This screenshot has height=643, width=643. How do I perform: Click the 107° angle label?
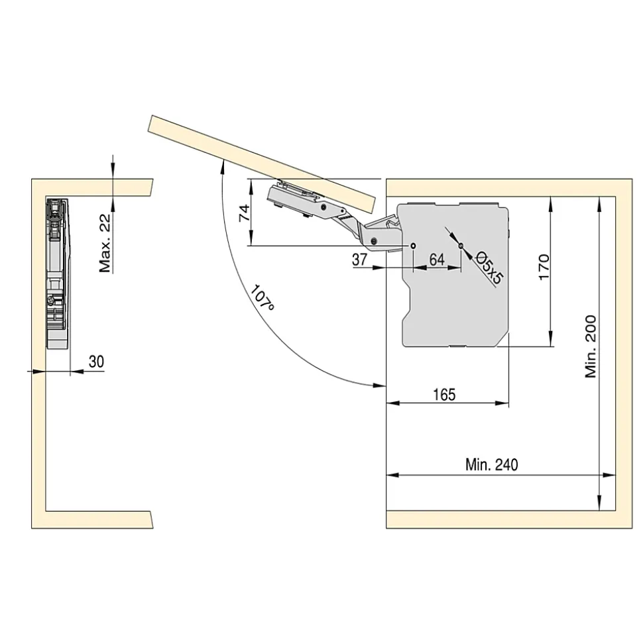click(x=262, y=297)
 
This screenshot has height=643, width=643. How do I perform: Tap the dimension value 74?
click(x=245, y=213)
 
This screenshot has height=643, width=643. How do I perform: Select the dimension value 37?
click(x=360, y=259)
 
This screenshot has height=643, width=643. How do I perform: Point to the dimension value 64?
click(x=437, y=259)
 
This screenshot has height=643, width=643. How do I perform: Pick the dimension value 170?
click(x=544, y=267)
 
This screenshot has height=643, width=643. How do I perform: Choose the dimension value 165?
click(x=444, y=395)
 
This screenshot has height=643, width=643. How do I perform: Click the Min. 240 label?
click(x=491, y=465)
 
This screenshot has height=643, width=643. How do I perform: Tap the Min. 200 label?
click(x=591, y=346)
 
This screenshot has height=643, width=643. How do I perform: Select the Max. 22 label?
click(x=105, y=243)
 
